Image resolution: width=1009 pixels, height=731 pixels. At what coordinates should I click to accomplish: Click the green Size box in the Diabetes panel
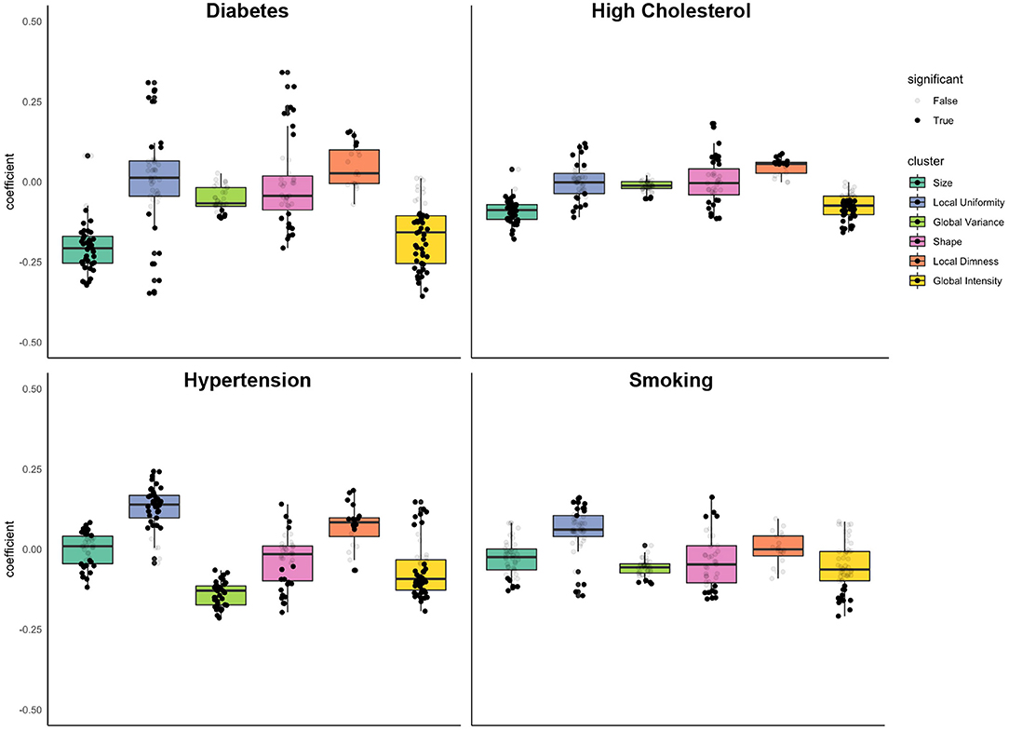[87, 250]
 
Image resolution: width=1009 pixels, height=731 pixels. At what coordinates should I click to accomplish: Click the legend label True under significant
[944, 120]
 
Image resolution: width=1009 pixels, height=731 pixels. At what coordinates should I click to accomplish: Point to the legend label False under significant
[945, 101]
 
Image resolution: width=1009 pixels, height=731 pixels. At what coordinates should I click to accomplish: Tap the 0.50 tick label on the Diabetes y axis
[31, 20]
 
